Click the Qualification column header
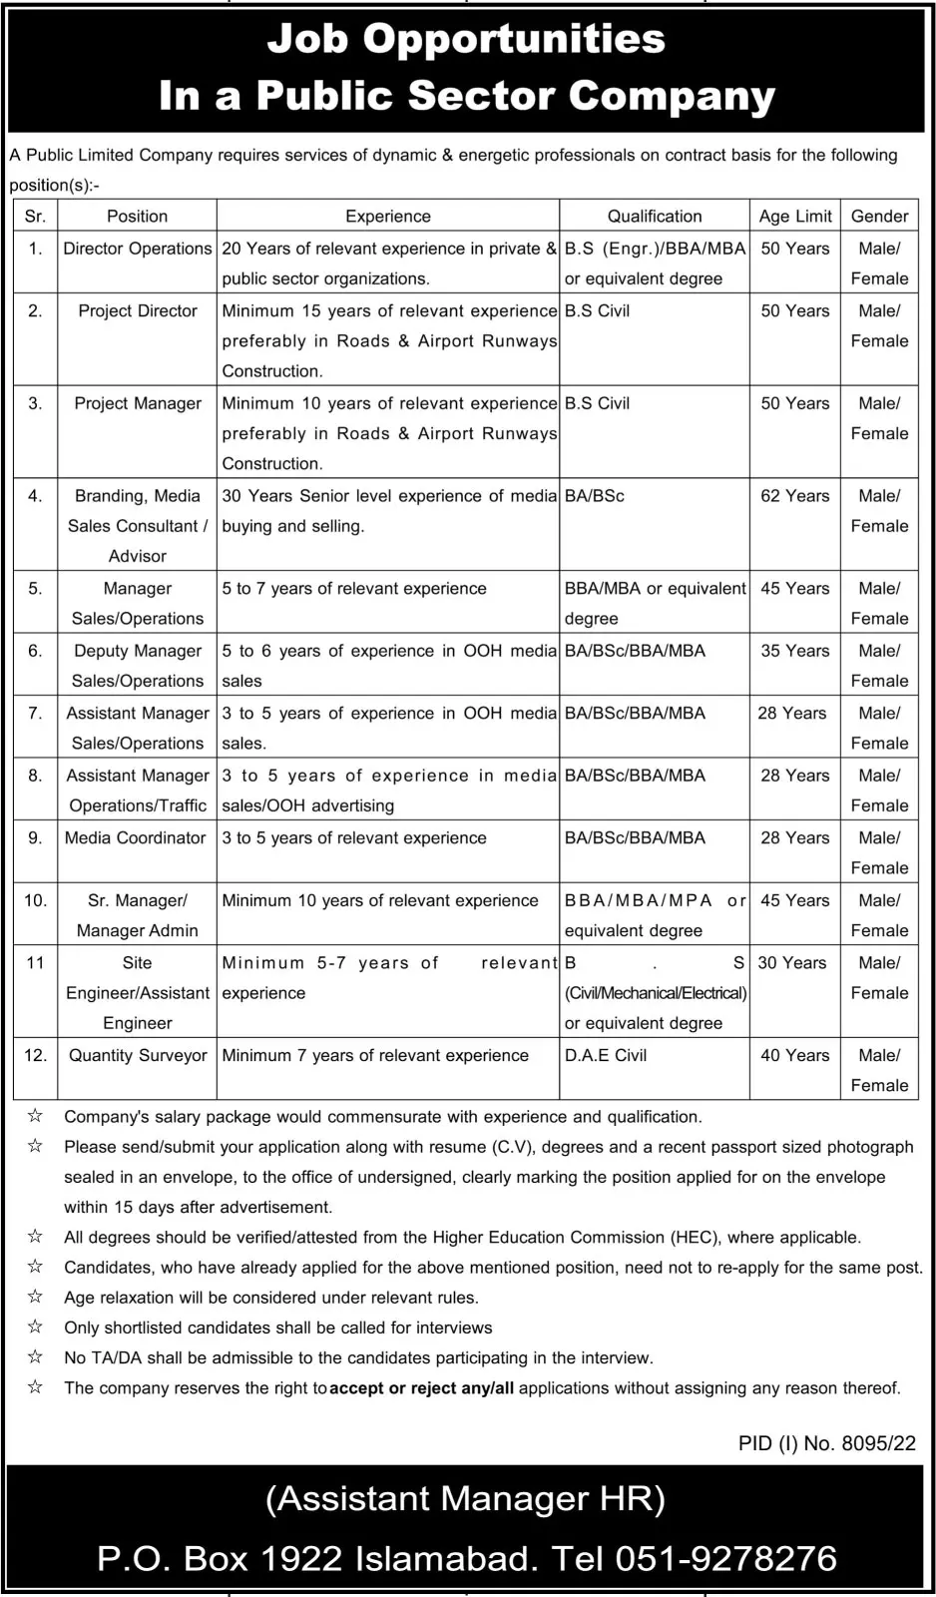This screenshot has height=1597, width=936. [x=655, y=216]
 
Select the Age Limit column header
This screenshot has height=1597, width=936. [x=794, y=216]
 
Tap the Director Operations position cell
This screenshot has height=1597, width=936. [x=138, y=249]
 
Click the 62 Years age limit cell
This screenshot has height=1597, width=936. [x=794, y=496]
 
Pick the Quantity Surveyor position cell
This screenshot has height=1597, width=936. [x=138, y=1055]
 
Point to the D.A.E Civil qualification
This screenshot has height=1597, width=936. [x=606, y=1055]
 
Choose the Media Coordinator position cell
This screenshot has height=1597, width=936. [x=136, y=837]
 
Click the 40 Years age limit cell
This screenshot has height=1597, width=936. [x=794, y=1055]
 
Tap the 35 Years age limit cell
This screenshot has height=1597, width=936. [x=794, y=651]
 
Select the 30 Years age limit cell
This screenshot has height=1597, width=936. [x=792, y=962]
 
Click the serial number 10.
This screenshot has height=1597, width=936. [x=35, y=900]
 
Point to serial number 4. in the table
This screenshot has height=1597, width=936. [x=35, y=496]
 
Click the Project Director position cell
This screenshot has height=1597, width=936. [x=138, y=310]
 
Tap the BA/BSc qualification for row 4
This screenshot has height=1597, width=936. [x=595, y=496]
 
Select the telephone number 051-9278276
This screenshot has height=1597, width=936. [x=725, y=1558]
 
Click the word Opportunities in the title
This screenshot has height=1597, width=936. [x=514, y=40]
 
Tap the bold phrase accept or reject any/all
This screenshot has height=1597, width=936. [x=422, y=1388]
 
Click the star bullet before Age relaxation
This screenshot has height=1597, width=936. [x=35, y=1298]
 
